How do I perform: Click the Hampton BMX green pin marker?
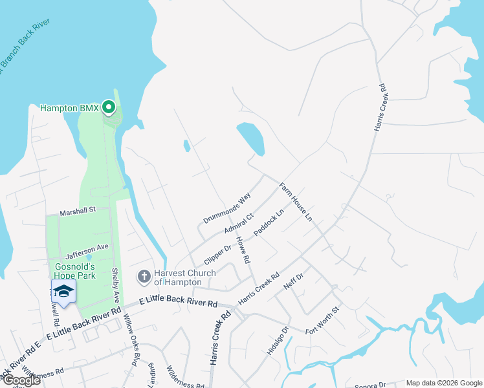click(109, 107)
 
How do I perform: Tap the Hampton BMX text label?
click(69, 108)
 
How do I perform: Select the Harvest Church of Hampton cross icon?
click(144, 277)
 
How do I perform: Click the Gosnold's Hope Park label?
click(74, 272)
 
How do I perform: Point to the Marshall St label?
click(78, 211)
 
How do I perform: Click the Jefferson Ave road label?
click(87, 248)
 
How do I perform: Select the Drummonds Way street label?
click(226, 208)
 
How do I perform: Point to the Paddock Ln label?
click(269, 222)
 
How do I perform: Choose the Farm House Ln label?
click(296, 202)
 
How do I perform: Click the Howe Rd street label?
click(243, 250)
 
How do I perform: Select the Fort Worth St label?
click(322, 320)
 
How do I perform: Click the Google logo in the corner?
click(21, 380)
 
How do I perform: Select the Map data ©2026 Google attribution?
click(443, 383)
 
